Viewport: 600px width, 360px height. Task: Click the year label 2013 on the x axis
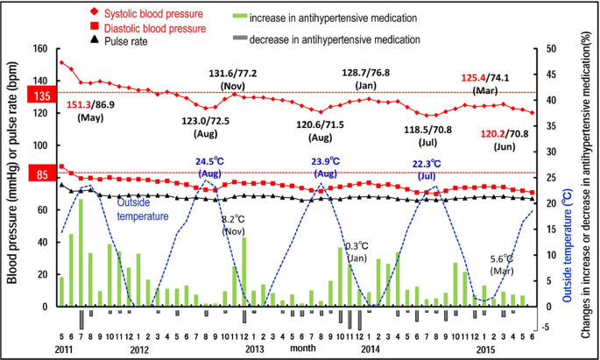tap(254, 349)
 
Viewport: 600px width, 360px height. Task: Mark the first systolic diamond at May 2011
tap(61, 63)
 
